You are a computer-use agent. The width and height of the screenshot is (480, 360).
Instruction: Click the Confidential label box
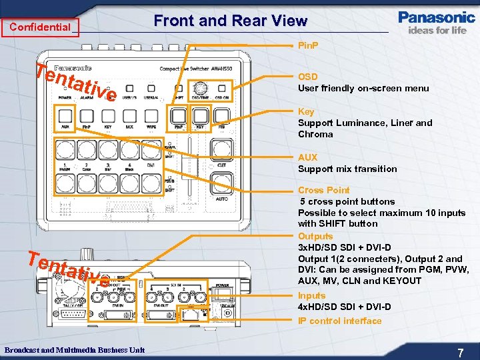(40, 27)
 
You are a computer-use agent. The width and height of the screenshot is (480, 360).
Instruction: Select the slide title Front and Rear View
(230, 21)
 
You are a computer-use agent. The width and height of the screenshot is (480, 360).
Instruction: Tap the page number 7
(460, 351)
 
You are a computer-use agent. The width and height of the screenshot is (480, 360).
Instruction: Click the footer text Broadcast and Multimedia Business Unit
(74, 350)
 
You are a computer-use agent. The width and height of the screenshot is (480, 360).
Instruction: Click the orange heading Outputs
(315, 236)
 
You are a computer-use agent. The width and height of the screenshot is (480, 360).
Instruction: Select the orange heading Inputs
(311, 295)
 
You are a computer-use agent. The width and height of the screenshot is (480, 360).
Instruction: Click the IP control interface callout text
(339, 321)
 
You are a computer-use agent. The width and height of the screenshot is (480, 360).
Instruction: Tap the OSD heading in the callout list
(307, 77)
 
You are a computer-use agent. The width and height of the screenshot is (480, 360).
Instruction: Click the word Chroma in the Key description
(315, 134)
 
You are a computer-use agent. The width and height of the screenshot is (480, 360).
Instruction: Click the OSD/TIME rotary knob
(199, 88)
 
